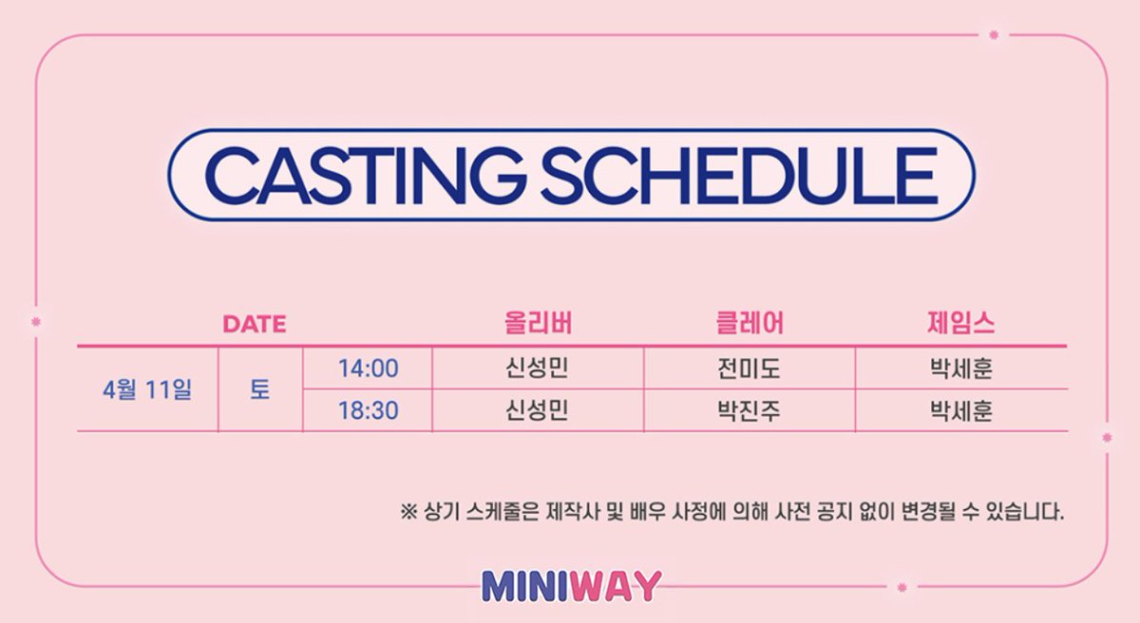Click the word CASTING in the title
click(x=367, y=174)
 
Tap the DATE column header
click(x=254, y=324)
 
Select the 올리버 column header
click(x=538, y=324)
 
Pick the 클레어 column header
click(x=750, y=324)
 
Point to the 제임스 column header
click(x=960, y=324)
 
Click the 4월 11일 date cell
click(x=147, y=390)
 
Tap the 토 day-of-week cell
click(x=259, y=390)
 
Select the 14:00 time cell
click(x=368, y=368)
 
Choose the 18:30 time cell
click(x=368, y=412)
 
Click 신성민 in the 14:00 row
click(x=538, y=368)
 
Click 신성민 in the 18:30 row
click(x=538, y=412)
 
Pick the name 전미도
click(x=750, y=368)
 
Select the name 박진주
click(x=750, y=412)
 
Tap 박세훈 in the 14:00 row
click(x=960, y=368)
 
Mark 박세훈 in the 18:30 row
click(x=960, y=412)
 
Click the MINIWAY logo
click(x=570, y=585)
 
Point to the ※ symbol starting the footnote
click(x=408, y=514)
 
